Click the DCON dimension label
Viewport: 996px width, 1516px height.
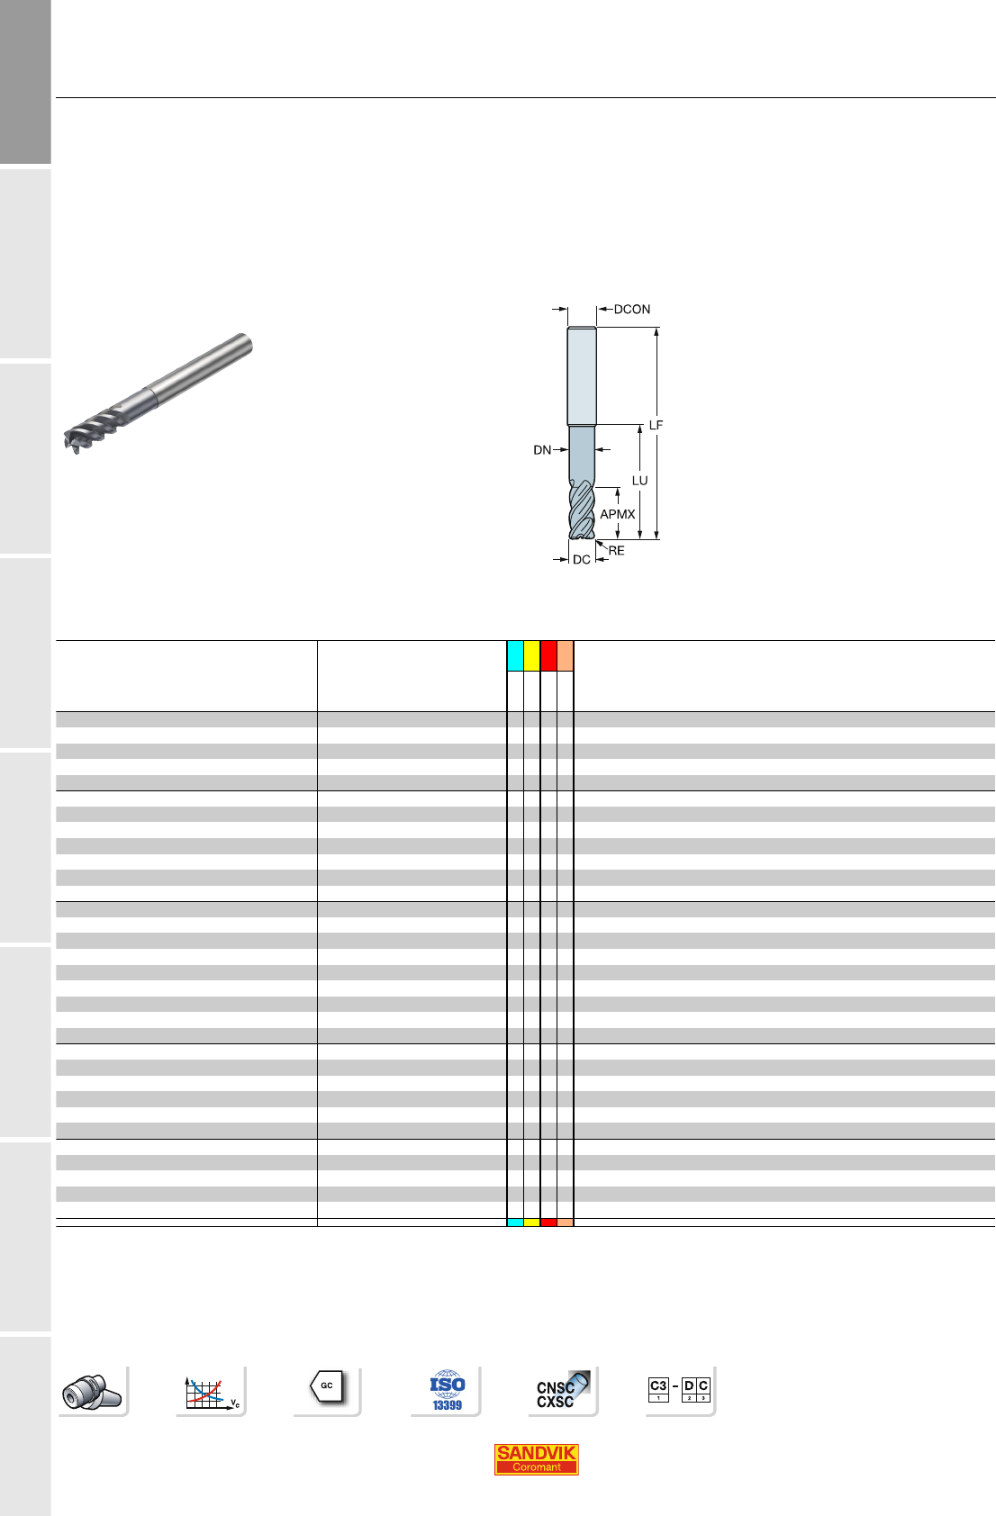pyautogui.click(x=631, y=310)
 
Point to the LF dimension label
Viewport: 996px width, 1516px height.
pyautogui.click(x=656, y=425)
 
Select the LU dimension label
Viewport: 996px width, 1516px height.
pyautogui.click(x=640, y=481)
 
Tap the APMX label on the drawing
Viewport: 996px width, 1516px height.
pyautogui.click(x=618, y=514)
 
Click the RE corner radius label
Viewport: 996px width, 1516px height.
pyautogui.click(x=616, y=551)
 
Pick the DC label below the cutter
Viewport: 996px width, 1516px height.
pyautogui.click(x=582, y=560)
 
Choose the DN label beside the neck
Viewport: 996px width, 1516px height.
pyautogui.click(x=542, y=450)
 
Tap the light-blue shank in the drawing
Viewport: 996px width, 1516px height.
pyautogui.click(x=582, y=375)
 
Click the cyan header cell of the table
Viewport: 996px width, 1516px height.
pyautogui.click(x=515, y=655)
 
